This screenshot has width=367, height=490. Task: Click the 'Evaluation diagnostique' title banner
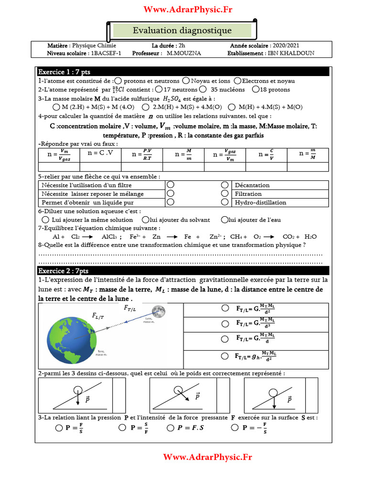point(182,31)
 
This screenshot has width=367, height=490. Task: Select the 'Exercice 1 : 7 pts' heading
point(64,72)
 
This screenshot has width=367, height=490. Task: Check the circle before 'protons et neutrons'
point(118,81)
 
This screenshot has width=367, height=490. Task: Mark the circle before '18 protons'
point(256,89)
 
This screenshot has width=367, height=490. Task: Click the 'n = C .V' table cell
point(101,154)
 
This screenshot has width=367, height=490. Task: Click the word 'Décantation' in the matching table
point(252,185)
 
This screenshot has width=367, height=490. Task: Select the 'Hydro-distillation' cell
point(260,202)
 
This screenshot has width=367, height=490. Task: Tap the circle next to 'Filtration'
point(225,194)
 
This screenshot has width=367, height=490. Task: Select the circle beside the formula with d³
point(225,323)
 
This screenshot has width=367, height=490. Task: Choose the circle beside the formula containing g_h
point(225,356)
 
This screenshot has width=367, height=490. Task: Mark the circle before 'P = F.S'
point(171,428)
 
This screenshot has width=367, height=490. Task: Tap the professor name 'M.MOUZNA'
point(184,53)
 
